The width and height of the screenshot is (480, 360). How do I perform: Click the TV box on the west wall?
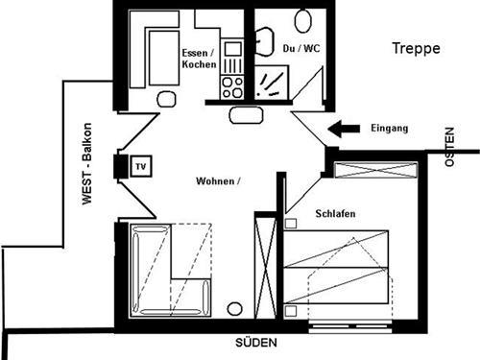click(138, 166)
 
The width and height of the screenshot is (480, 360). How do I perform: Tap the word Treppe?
click(415, 48)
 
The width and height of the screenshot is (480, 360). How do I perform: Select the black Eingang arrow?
click(343, 128)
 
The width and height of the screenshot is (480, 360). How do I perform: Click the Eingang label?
click(389, 128)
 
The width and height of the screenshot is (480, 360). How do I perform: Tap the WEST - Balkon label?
click(87, 163)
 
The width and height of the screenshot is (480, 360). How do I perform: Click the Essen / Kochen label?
click(198, 58)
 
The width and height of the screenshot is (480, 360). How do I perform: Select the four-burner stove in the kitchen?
click(231, 87)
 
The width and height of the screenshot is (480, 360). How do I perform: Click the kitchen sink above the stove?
click(232, 49)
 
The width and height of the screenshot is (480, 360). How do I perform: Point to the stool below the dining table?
click(167, 98)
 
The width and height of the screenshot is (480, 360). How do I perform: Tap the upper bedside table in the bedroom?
click(290, 223)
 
